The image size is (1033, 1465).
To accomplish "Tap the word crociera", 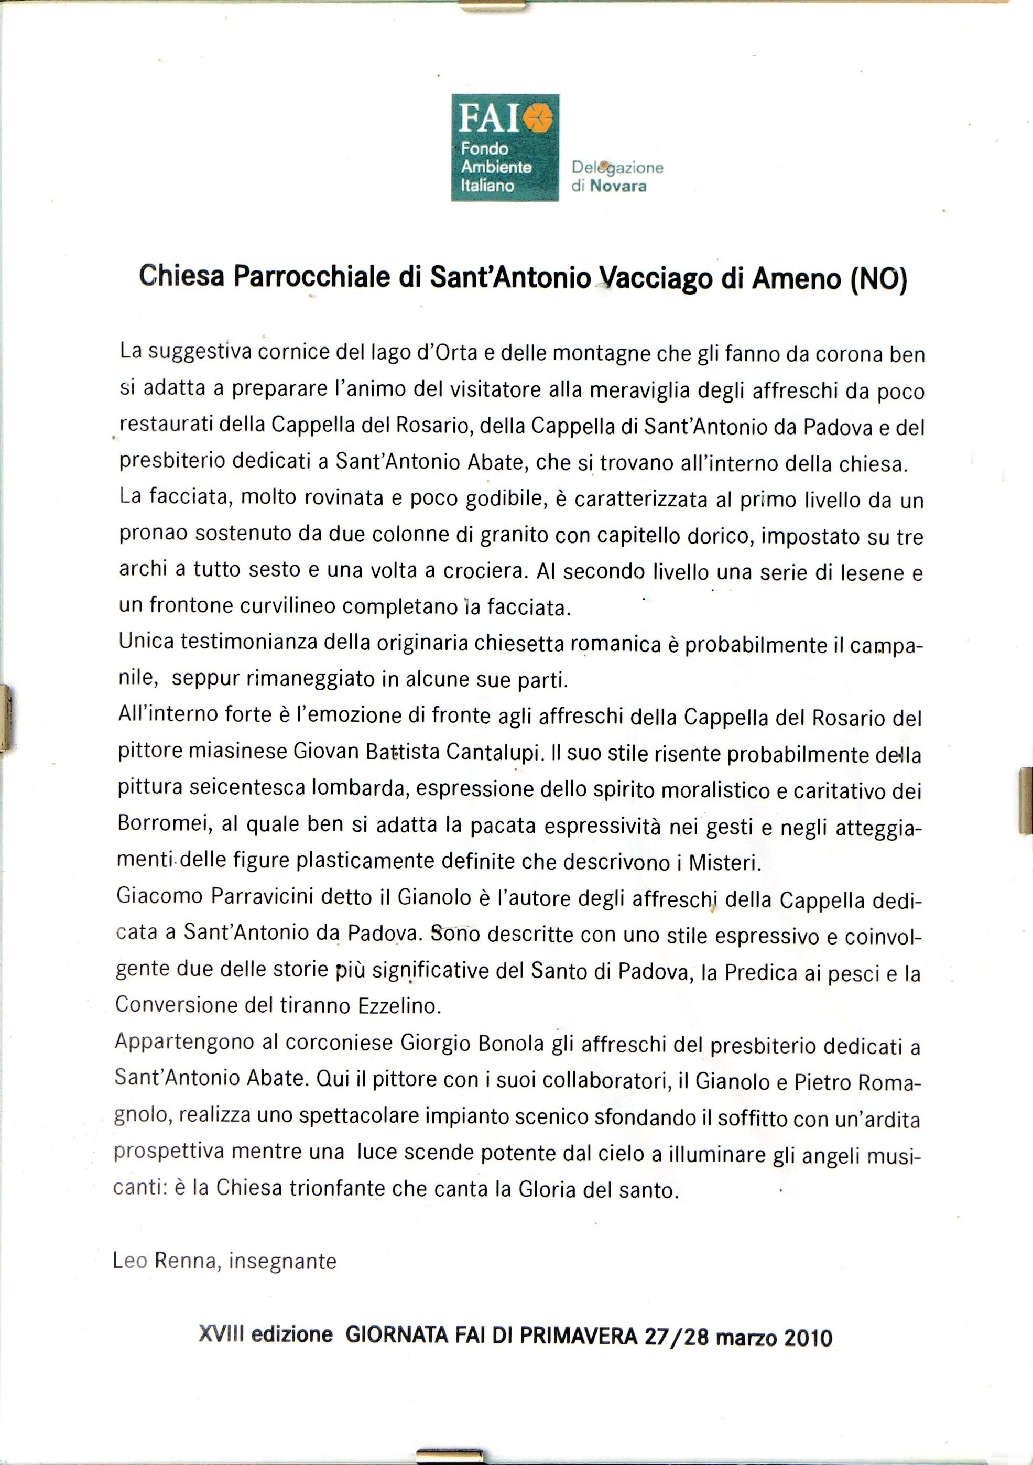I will tap(476, 571).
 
